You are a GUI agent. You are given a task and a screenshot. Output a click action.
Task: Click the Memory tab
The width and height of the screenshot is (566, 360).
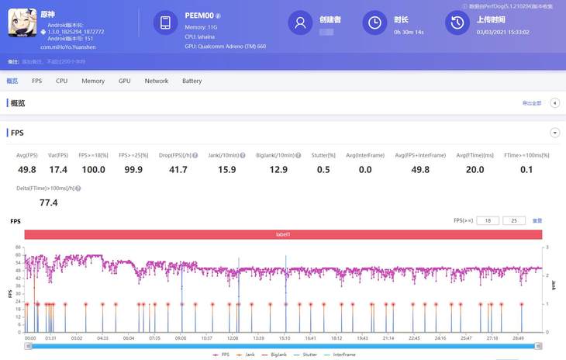click(x=93, y=81)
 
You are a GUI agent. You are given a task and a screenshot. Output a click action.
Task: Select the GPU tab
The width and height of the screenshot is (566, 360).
click(x=125, y=81)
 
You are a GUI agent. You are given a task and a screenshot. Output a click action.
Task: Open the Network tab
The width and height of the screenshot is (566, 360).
click(x=157, y=81)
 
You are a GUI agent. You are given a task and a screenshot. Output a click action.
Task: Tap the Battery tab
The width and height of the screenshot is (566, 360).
click(x=192, y=81)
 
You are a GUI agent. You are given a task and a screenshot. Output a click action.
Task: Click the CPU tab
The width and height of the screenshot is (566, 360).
click(x=62, y=81)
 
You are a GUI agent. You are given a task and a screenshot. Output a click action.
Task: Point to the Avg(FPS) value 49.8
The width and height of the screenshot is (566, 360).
click(x=27, y=170)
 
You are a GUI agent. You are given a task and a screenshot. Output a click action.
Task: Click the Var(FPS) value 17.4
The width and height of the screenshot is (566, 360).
click(x=58, y=170)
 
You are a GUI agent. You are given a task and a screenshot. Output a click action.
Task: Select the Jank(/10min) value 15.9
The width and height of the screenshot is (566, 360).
click(x=227, y=170)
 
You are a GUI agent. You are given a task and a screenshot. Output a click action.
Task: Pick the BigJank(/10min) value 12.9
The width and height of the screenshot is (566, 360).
click(x=279, y=170)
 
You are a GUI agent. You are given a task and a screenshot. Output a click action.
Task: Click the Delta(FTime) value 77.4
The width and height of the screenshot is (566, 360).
click(x=49, y=203)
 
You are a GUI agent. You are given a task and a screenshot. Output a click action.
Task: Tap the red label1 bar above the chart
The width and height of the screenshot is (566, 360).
click(x=283, y=234)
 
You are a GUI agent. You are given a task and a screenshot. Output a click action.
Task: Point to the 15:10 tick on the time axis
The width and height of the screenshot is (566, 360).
click(x=285, y=338)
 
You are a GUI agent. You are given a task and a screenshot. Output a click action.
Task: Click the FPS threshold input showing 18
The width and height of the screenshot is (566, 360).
click(x=488, y=221)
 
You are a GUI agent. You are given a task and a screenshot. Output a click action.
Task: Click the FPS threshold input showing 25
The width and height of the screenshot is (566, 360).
click(x=514, y=221)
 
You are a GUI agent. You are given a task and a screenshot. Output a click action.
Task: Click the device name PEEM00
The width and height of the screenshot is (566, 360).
click(x=199, y=15)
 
